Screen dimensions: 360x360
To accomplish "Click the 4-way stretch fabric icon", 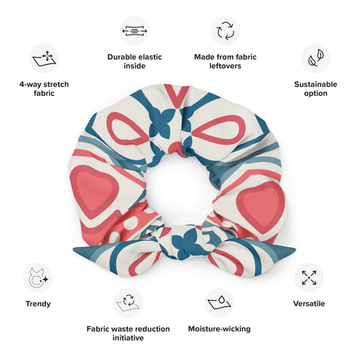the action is click(44, 58).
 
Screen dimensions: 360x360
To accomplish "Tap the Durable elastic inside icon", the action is click(134, 31).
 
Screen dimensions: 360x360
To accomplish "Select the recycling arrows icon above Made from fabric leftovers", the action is click(226, 31).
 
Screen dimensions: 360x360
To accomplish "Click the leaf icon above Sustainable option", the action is click(315, 58).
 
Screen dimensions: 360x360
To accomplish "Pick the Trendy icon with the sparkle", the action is click(38, 278).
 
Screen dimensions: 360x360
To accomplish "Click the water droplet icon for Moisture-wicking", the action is click(220, 303).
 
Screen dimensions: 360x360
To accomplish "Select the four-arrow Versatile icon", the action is click(309, 278).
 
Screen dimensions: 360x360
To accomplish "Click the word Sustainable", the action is click(315, 84).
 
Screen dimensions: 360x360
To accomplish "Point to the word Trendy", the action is click(38, 304).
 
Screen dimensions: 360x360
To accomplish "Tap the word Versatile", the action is click(309, 303).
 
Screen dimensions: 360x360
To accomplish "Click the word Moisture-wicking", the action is click(220, 329).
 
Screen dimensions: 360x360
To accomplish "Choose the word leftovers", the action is click(225, 66).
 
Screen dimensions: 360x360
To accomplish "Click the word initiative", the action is click(128, 338).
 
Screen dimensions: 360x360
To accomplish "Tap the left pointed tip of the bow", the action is click(74, 249).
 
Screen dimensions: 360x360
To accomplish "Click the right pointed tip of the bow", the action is click(294, 249).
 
